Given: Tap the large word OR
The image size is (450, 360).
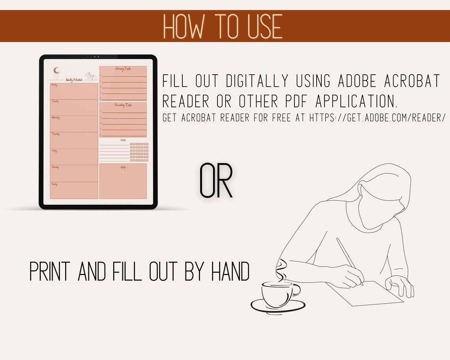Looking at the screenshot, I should click(x=216, y=182).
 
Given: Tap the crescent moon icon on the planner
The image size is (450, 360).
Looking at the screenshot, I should click(x=57, y=71).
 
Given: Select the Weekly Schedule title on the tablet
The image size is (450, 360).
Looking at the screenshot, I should click(x=74, y=80).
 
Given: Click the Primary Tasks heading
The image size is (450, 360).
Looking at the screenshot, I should click(x=123, y=69).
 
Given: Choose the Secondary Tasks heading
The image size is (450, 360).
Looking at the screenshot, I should click(x=123, y=105).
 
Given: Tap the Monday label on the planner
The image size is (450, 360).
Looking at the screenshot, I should click(x=54, y=85).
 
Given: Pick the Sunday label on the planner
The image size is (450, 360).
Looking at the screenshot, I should click(x=54, y=184).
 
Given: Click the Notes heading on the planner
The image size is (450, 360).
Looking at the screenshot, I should click(x=123, y=167).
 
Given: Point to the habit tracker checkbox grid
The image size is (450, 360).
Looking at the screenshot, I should click(x=139, y=152).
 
